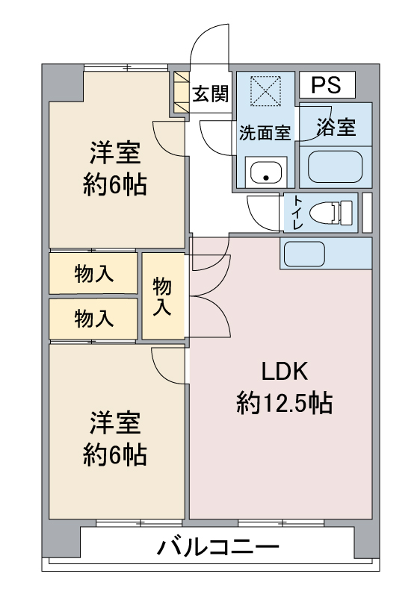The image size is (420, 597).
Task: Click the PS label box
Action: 327,84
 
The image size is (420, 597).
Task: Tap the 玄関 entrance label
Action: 210,94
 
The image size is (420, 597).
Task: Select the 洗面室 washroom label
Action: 265,133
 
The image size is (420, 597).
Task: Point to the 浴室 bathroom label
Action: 336,127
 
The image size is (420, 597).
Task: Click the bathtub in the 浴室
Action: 335,166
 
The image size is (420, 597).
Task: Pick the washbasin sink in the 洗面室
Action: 266,172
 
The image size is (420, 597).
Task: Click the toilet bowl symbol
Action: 331,213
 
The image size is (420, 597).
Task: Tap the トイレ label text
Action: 297,213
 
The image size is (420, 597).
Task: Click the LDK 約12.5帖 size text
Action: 284,403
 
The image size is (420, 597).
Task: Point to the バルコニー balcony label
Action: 218,548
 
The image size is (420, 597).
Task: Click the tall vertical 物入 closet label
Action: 162,297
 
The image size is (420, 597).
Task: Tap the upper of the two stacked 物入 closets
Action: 93,273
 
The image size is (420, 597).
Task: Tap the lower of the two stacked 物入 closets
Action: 93,319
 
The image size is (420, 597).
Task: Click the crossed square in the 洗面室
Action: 265,90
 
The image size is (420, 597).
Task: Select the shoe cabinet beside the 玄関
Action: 182,92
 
